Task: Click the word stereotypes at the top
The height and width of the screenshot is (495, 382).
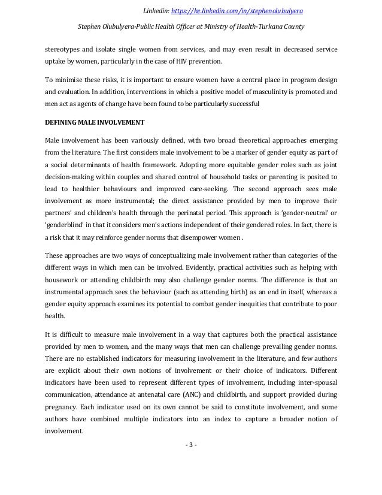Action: (63, 49)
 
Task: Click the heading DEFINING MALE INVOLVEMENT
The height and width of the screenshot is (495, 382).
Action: (94, 123)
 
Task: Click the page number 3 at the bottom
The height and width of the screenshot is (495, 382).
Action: (191, 445)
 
